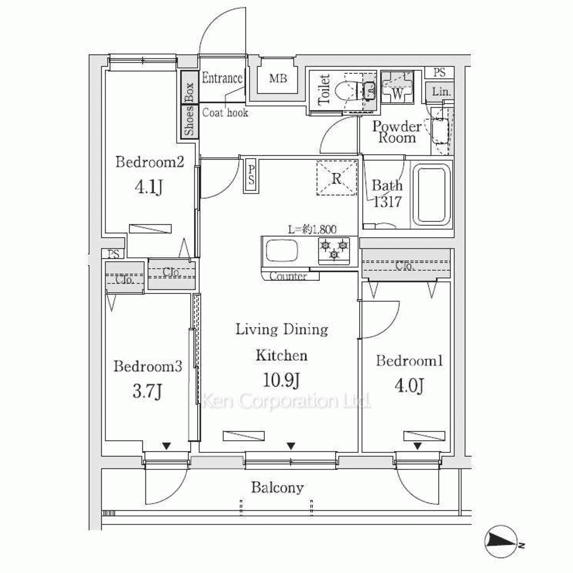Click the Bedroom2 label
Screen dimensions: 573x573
tap(149, 162)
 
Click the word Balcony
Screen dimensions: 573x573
tap(277, 488)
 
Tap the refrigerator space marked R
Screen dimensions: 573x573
tap(337, 178)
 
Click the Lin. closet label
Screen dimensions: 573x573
tap(441, 92)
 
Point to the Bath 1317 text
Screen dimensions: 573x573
tap(387, 193)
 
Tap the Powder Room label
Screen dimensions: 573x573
tap(397, 132)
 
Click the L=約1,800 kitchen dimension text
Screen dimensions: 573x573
tap(311, 230)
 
